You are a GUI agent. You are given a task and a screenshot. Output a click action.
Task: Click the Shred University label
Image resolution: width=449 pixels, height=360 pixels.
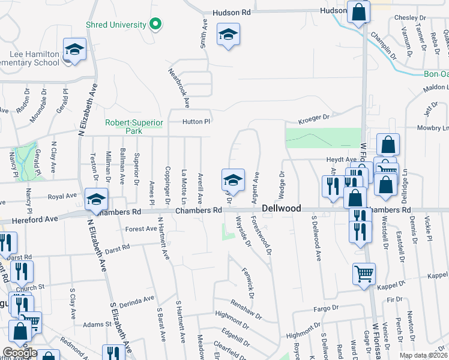116,25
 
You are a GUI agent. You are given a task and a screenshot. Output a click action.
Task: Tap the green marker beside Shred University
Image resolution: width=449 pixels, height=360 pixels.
155,25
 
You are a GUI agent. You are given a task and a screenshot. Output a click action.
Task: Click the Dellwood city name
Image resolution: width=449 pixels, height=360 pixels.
281,208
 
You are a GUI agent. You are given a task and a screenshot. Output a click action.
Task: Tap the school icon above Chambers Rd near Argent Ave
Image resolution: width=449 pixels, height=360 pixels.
233,179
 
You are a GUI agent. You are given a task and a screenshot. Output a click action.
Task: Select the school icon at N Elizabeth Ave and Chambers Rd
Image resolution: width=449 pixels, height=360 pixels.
96,199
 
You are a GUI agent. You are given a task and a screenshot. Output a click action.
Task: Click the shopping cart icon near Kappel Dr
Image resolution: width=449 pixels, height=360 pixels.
364,274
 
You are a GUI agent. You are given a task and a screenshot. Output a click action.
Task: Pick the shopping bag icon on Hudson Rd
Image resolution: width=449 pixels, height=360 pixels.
358,13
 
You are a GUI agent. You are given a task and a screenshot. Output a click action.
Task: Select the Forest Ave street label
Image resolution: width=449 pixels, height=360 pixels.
141,229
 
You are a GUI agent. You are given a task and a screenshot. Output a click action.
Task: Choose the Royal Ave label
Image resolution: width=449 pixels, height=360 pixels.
62,196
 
